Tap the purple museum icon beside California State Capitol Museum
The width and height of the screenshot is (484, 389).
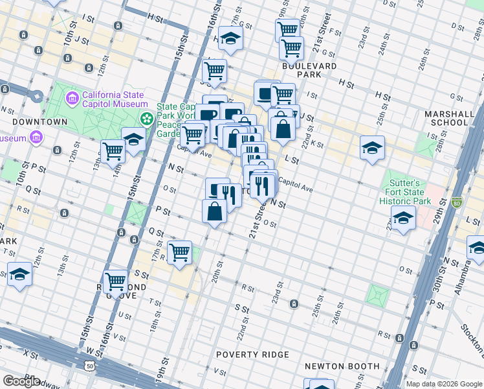[x=72, y=99]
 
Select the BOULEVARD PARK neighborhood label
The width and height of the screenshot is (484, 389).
[x=309, y=70]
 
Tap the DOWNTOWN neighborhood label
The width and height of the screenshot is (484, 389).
[x=40, y=121]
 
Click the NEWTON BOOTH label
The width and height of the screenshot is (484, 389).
[x=342, y=366]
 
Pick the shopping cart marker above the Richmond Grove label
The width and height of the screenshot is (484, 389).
[x=116, y=282]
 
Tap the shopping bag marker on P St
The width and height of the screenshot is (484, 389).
[x=214, y=211]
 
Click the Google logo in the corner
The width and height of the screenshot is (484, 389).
[x=21, y=381]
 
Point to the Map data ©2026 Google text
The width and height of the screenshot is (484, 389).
[x=444, y=384]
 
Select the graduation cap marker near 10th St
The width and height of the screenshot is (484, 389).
[x=19, y=274]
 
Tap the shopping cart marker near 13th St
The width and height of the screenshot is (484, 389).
[x=113, y=152]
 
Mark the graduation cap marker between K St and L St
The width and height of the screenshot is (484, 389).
[x=373, y=147]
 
